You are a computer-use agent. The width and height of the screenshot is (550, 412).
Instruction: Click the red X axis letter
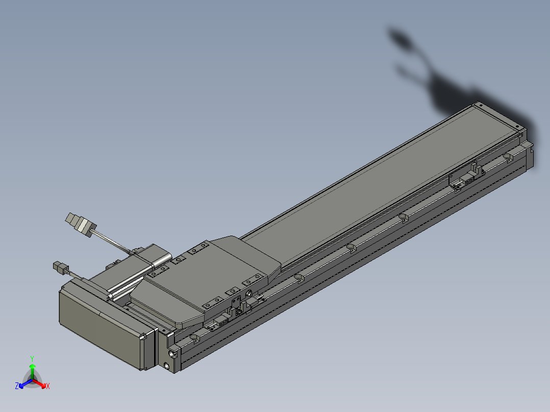48,386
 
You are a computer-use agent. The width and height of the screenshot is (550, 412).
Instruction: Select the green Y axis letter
32,358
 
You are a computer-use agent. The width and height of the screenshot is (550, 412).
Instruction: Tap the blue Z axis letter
17,385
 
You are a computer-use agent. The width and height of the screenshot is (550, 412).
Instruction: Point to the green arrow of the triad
32,371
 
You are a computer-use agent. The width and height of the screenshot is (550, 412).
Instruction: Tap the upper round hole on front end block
172,353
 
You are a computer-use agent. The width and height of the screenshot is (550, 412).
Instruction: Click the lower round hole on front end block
166,366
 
